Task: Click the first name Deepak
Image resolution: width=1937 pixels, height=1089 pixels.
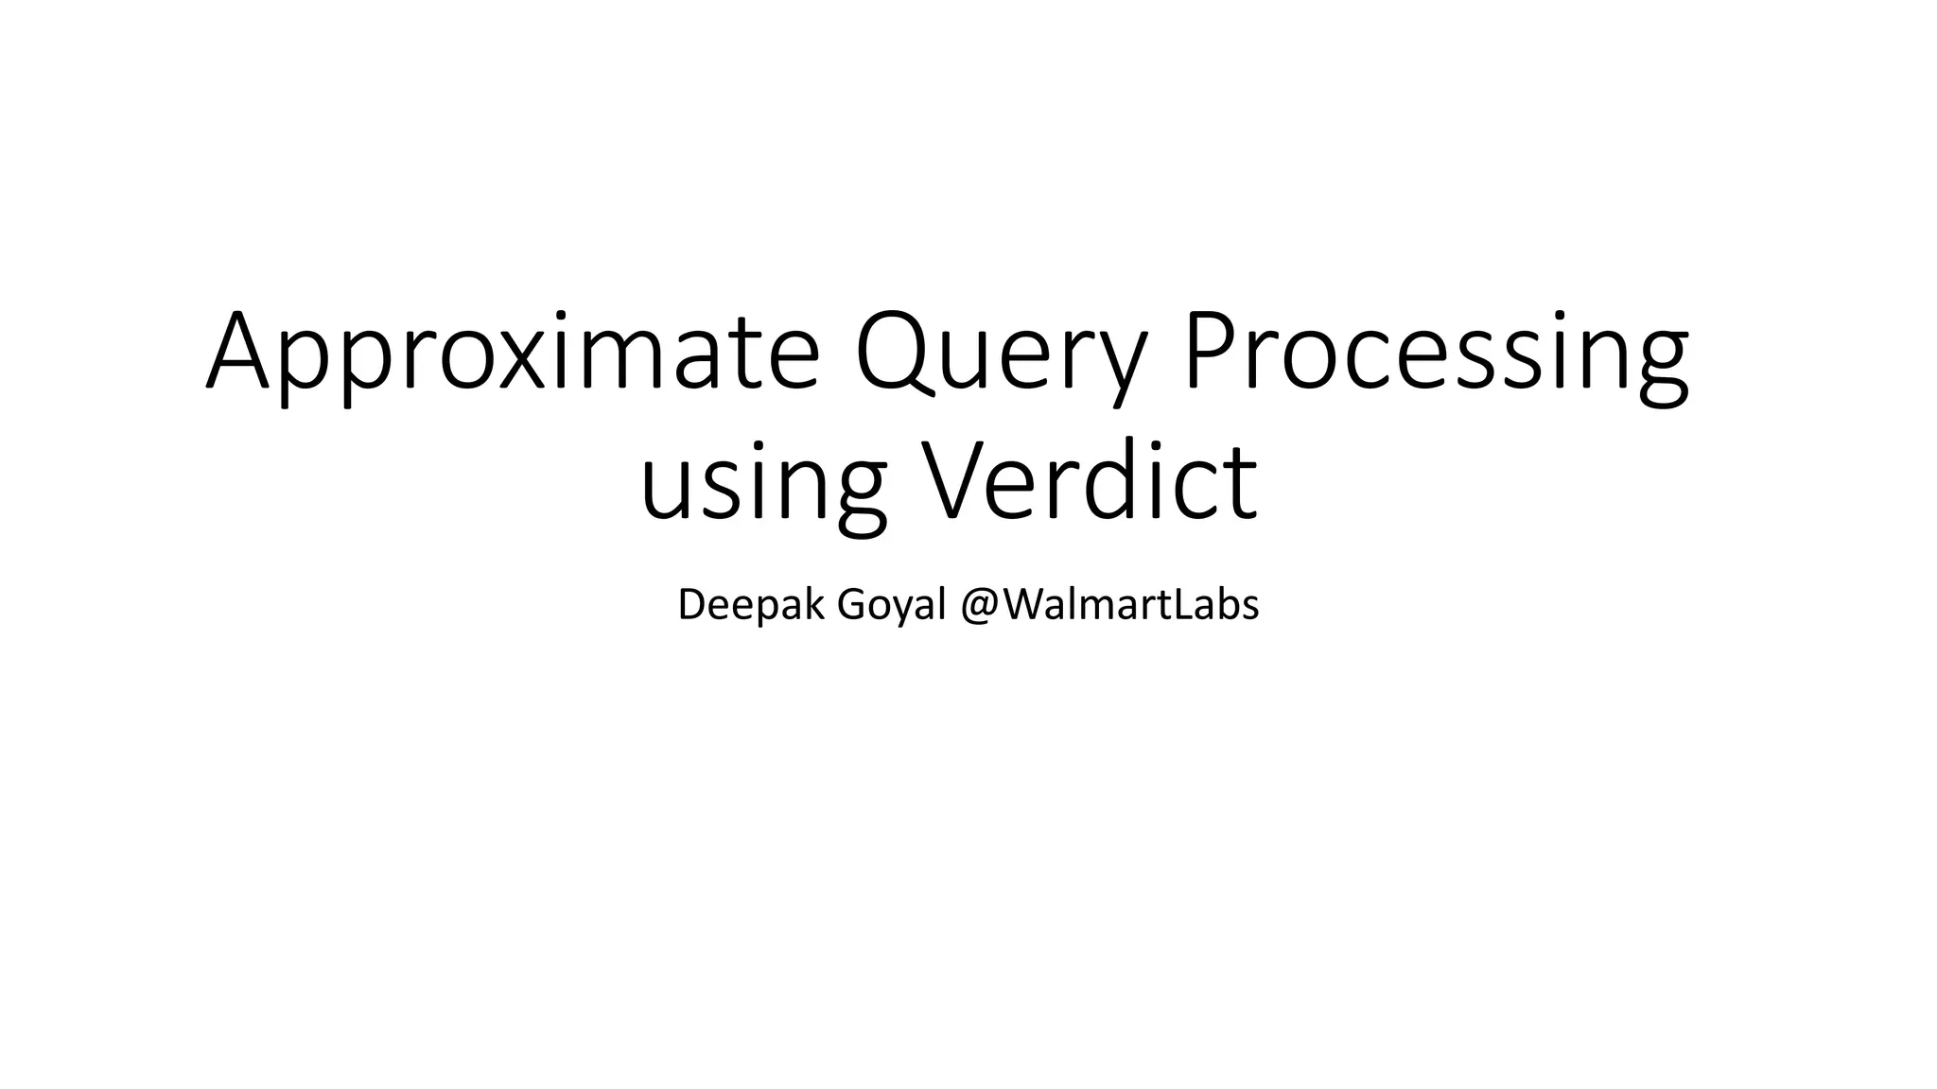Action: coord(751,605)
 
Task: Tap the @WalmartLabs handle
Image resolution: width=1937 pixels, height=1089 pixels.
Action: coord(1109,604)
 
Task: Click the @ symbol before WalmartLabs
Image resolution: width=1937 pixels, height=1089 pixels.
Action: coord(981,606)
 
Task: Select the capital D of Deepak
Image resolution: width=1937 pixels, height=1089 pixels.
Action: coord(692,604)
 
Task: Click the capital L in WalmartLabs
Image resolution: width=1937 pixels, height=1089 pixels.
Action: coord(1182,604)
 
